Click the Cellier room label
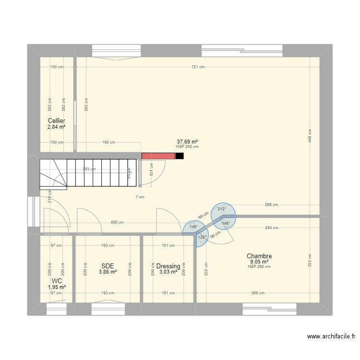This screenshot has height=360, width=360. pos(56,120)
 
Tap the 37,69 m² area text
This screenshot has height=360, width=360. pos(187,142)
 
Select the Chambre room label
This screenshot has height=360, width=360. pos(259,256)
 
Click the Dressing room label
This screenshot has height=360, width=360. pos(168,266)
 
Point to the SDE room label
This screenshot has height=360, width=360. pos(108,265)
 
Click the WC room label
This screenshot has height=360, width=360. pos(57,281)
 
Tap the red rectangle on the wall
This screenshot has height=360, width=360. pos(158,156)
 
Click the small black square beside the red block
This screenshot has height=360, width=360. pos(180,156)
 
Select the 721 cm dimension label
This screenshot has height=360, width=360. pos(198,67)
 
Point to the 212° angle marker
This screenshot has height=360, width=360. pos(221,209)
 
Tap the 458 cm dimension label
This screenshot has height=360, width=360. pos(117,223)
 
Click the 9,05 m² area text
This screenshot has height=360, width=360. pos(259,262)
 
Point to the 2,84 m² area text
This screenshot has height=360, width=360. pos(56,127)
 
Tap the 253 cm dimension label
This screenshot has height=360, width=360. pos(310,260)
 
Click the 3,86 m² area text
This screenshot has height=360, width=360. pos(108,272)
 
